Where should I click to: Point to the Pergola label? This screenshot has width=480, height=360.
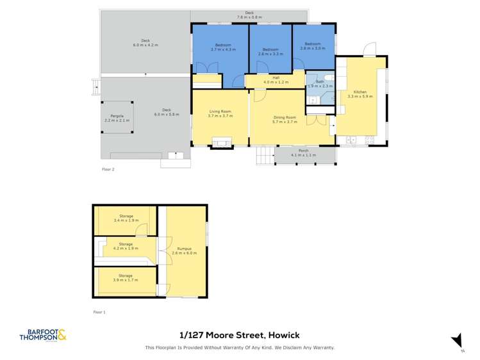click(x=116, y=118)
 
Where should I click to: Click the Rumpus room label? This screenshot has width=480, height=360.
click(x=184, y=250)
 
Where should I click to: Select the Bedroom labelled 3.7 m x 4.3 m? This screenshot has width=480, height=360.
click(x=223, y=47)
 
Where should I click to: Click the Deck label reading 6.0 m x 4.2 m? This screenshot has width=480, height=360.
click(x=145, y=43)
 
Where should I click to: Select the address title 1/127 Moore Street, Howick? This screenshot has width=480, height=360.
click(x=240, y=335)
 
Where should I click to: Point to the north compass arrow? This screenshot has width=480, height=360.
click(x=457, y=341)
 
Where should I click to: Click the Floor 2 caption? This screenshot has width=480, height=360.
click(x=108, y=169)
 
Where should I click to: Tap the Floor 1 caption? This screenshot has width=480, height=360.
click(x=99, y=312)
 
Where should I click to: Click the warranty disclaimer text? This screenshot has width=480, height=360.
click(x=240, y=348)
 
